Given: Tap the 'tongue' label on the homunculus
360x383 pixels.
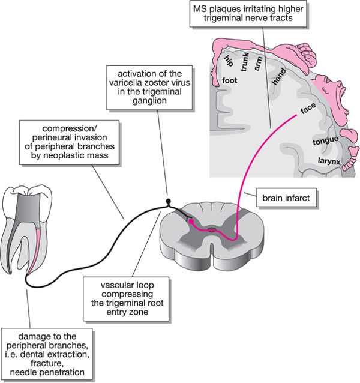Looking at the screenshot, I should click(324, 142).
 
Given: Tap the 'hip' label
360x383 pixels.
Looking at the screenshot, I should click(227, 60).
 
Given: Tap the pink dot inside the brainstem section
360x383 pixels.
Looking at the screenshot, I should click(191, 221).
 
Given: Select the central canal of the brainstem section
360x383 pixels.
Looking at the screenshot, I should click(212, 230).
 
